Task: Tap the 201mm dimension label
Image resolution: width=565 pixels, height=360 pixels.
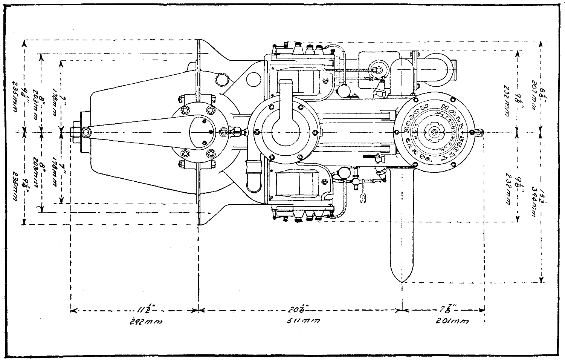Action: (x=451, y=322)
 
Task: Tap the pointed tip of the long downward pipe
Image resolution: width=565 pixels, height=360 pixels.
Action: (x=402, y=281)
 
